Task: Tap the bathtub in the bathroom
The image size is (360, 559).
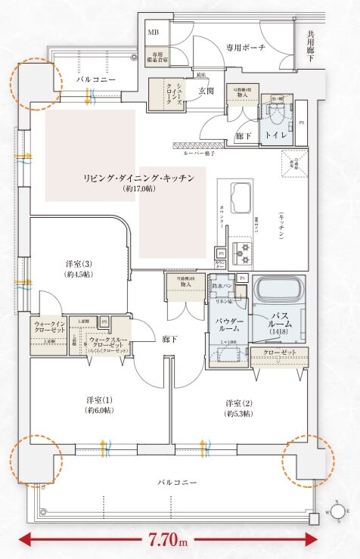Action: pyautogui.click(x=279, y=290)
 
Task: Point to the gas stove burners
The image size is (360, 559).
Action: pyautogui.click(x=244, y=248)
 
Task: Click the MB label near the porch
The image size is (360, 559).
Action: pyautogui.click(x=153, y=33)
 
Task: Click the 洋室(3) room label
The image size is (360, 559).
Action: pyautogui.click(x=79, y=263)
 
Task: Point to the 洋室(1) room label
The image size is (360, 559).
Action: pyautogui.click(x=99, y=399)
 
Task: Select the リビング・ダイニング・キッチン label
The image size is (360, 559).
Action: pyautogui.click(x=139, y=177)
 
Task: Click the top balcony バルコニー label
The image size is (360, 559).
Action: pyautogui.click(x=95, y=78)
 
